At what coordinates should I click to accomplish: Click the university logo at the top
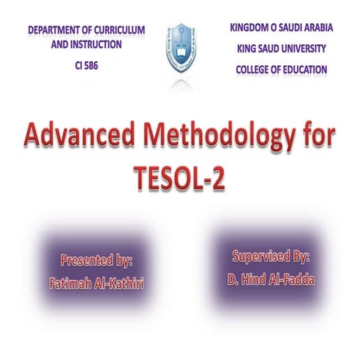[180, 45]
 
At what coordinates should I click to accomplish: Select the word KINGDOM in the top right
[250, 28]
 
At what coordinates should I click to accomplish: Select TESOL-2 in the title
[180, 178]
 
